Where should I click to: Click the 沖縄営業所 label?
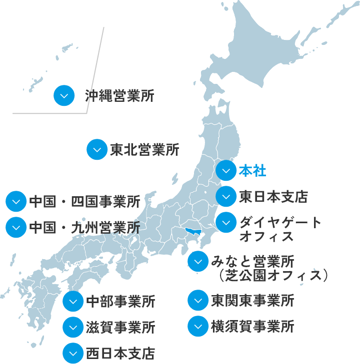click(119, 95)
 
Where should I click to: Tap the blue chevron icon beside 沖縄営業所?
click(64, 95)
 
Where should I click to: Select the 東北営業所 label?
click(144, 150)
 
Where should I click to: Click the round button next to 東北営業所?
click(97, 150)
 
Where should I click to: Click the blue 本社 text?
click(252, 171)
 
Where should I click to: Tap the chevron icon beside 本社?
click(226, 171)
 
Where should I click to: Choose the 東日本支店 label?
click(272, 196)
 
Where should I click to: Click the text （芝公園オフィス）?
click(273, 275)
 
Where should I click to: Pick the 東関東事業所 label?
click(252, 301)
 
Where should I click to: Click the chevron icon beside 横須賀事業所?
click(198, 327)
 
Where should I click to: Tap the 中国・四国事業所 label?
click(84, 202)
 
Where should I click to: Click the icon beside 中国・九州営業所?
click(16, 227)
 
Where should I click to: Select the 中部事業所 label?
click(120, 302)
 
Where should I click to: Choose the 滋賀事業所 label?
click(120, 328)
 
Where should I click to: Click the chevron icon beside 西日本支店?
click(73, 354)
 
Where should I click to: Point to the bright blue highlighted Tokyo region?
click(192, 231)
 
